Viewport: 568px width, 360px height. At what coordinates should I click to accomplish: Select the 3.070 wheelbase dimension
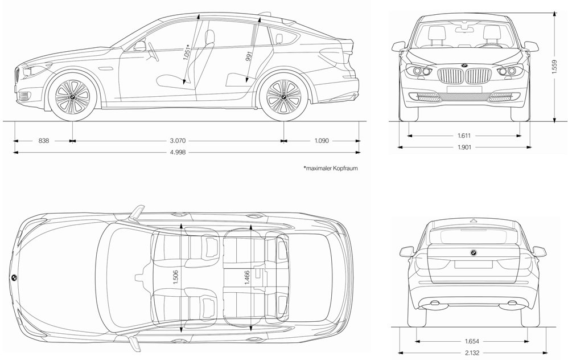pyautogui.click(x=178, y=140)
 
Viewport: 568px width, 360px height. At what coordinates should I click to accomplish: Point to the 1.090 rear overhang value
pyautogui.click(x=321, y=140)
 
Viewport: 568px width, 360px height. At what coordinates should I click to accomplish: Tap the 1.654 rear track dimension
pyautogui.click(x=471, y=341)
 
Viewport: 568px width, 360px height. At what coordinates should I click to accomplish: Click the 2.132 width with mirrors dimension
pyautogui.click(x=471, y=353)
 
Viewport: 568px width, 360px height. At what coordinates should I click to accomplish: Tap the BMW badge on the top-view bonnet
pyautogui.click(x=14, y=277)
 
